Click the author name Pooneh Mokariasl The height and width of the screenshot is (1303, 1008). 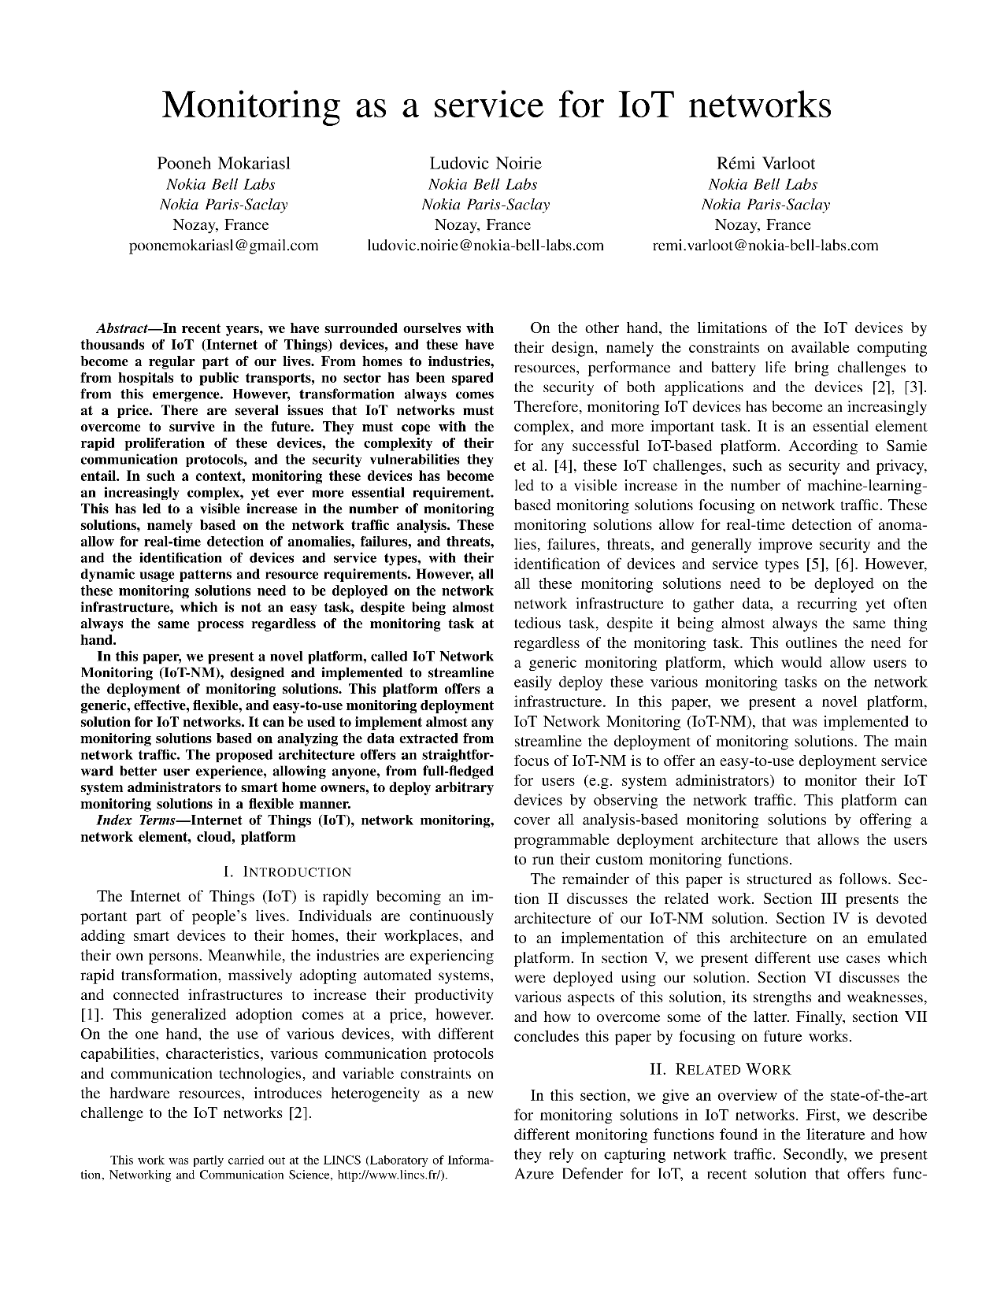[x=224, y=164]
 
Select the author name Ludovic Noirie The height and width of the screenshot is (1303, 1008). [x=485, y=164]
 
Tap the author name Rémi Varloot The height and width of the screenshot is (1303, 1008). [x=765, y=164]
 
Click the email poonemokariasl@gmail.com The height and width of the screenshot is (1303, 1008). [x=224, y=245]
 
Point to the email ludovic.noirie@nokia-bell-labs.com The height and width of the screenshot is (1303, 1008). [x=485, y=245]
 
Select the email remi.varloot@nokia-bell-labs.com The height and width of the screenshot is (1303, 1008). [x=765, y=245]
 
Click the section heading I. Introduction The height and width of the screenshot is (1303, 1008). [x=287, y=872]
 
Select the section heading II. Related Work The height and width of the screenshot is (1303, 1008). [x=720, y=1069]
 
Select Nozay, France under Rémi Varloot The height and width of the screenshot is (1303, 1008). [x=765, y=224]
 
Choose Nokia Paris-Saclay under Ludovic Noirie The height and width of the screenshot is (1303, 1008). [x=485, y=205]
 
